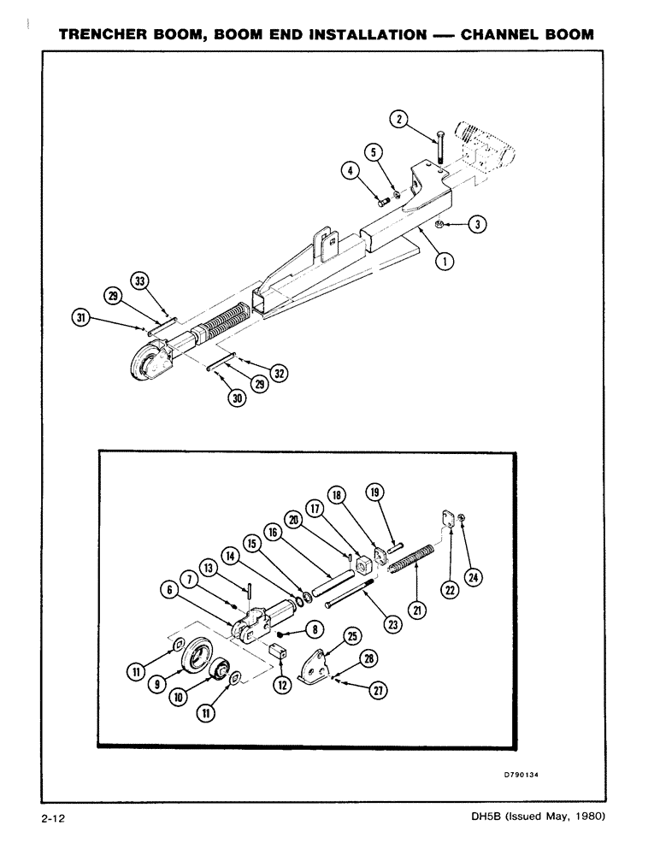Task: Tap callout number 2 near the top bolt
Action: click(398, 119)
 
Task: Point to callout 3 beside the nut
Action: click(478, 225)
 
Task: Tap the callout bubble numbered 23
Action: click(392, 624)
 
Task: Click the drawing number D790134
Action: click(524, 777)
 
